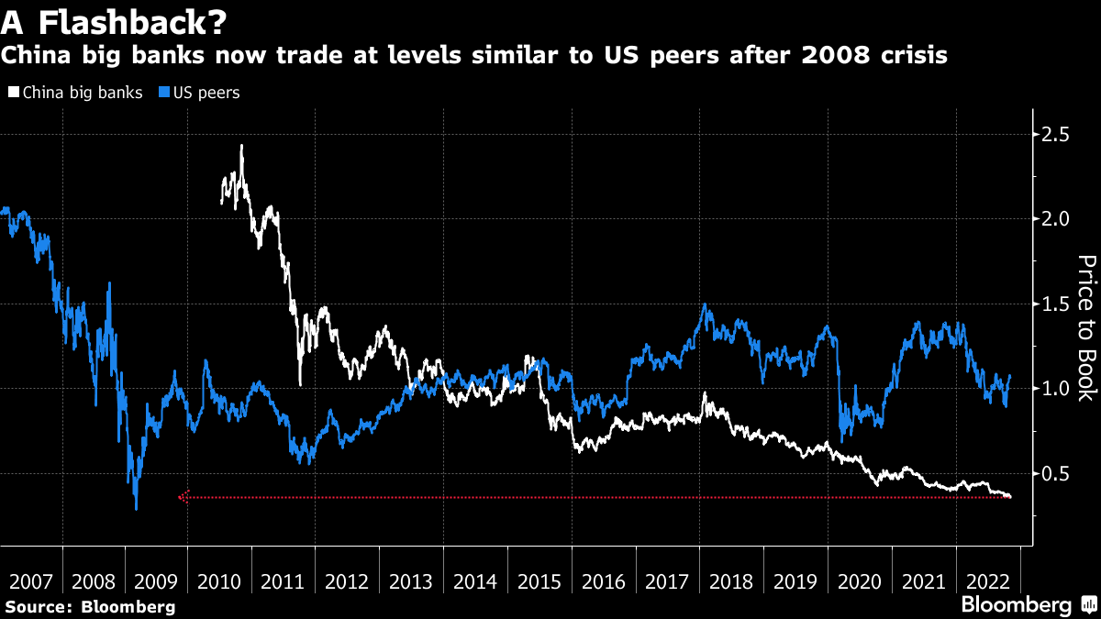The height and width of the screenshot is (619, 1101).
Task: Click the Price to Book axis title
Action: [x=1084, y=327]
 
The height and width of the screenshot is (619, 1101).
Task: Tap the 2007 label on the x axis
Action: [x=31, y=582]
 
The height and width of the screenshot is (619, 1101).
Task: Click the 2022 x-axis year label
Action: [x=985, y=582]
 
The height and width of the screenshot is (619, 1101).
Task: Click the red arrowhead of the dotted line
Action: [x=182, y=497]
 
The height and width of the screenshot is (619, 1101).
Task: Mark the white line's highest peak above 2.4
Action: [x=241, y=145]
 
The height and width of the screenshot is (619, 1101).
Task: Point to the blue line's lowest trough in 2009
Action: [x=136, y=509]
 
